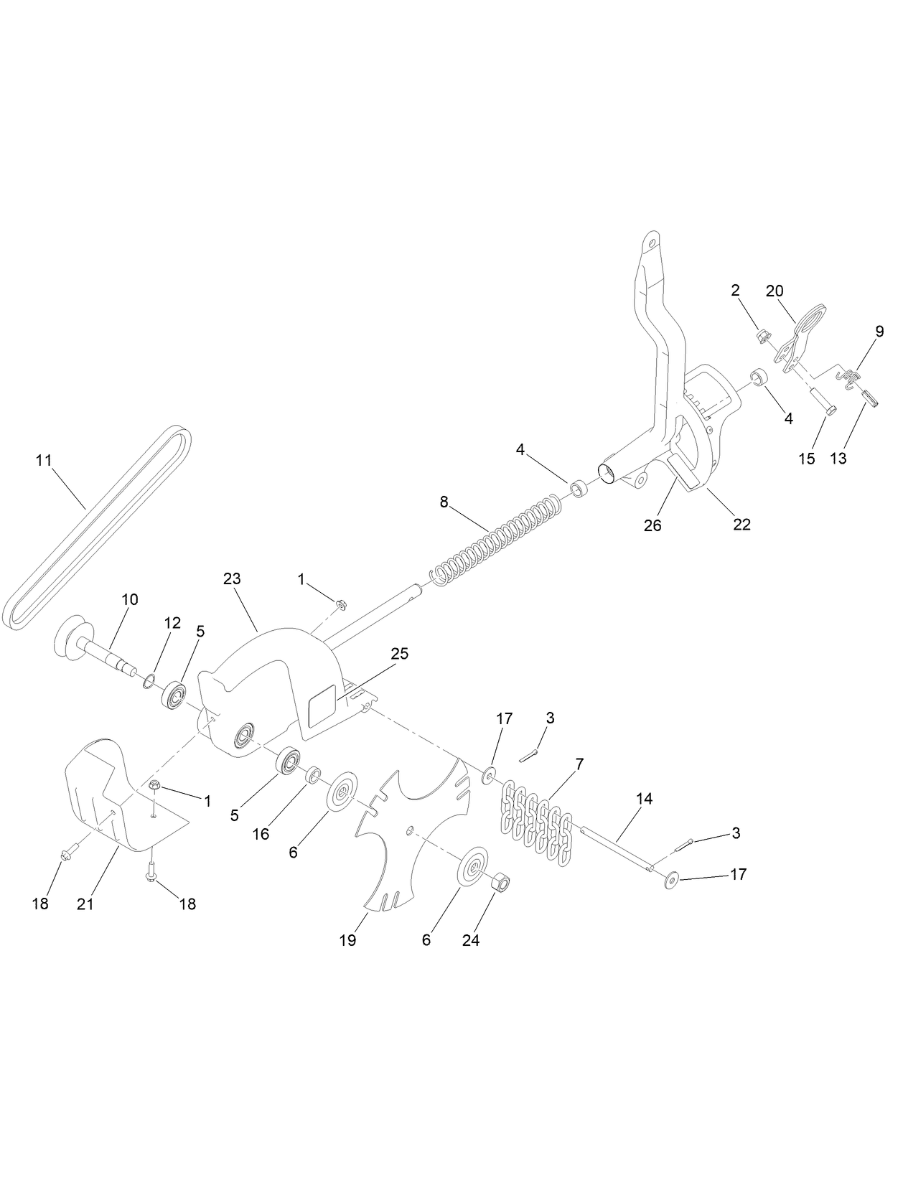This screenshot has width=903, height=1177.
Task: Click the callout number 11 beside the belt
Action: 45,460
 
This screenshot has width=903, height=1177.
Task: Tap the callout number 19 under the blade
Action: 347,940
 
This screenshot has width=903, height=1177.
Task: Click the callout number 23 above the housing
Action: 232,578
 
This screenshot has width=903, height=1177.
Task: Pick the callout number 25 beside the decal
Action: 399,654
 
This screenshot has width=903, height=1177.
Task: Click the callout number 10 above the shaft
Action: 131,599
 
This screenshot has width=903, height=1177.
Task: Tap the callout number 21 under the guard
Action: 85,904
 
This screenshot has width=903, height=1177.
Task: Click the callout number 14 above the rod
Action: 644,798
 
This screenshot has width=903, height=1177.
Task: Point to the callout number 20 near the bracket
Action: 775,291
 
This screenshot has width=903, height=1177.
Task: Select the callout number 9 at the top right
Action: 879,332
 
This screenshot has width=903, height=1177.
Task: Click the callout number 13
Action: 838,458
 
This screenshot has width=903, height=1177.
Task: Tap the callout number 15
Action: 807,458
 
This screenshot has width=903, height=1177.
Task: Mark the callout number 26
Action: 652,525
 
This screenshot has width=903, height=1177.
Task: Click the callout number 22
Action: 741,525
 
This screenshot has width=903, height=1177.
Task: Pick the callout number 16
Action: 261,835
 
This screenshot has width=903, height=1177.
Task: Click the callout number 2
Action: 735,291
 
